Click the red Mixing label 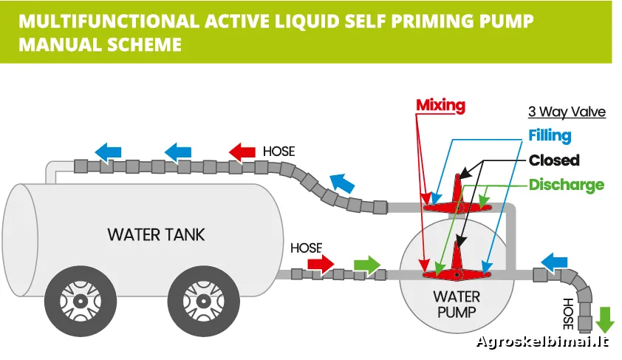[440, 105]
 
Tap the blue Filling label [550, 135]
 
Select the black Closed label [554, 160]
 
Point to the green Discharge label [566, 185]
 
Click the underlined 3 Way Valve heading [567, 112]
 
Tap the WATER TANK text [156, 235]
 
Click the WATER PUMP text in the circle [456, 304]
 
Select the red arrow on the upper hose [242, 152]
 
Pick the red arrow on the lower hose [321, 263]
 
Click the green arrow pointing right [367, 263]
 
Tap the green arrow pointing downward [605, 319]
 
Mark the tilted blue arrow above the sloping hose [342, 183]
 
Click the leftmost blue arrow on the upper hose [109, 152]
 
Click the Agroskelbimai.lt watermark [543, 342]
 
